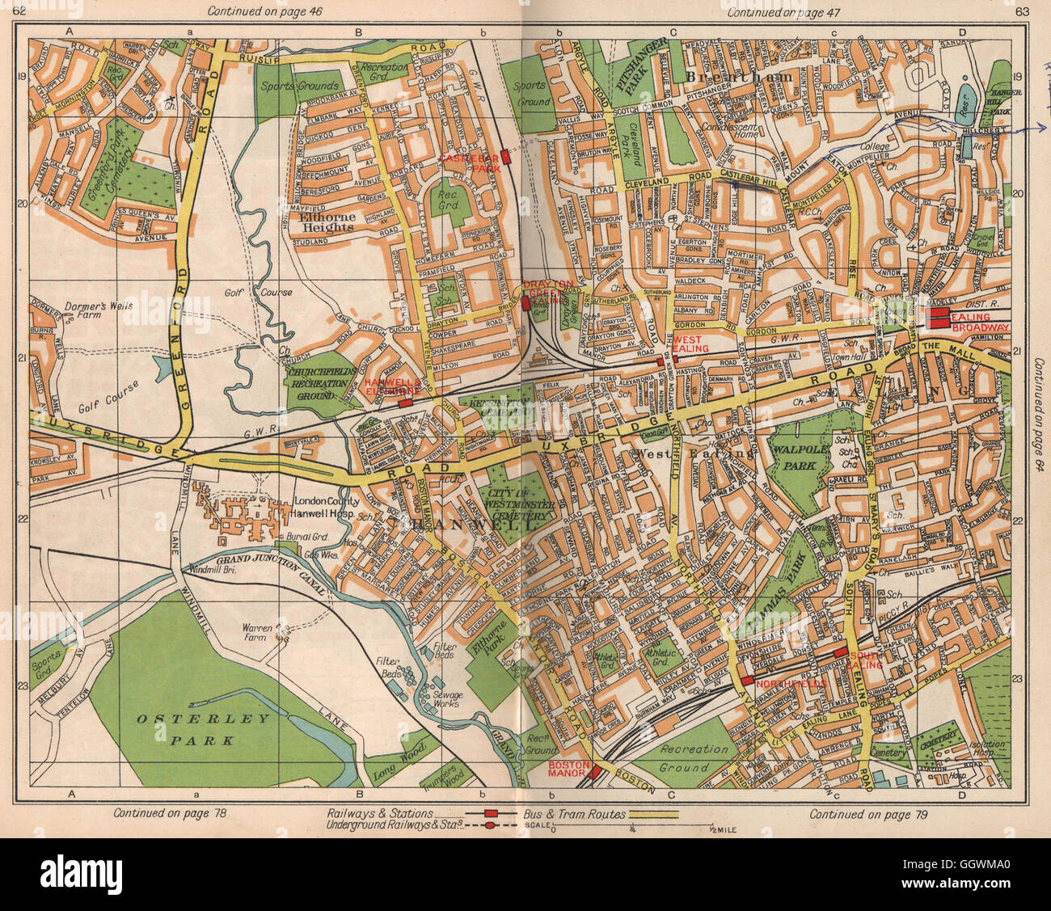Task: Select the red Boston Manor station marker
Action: point(596,772)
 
